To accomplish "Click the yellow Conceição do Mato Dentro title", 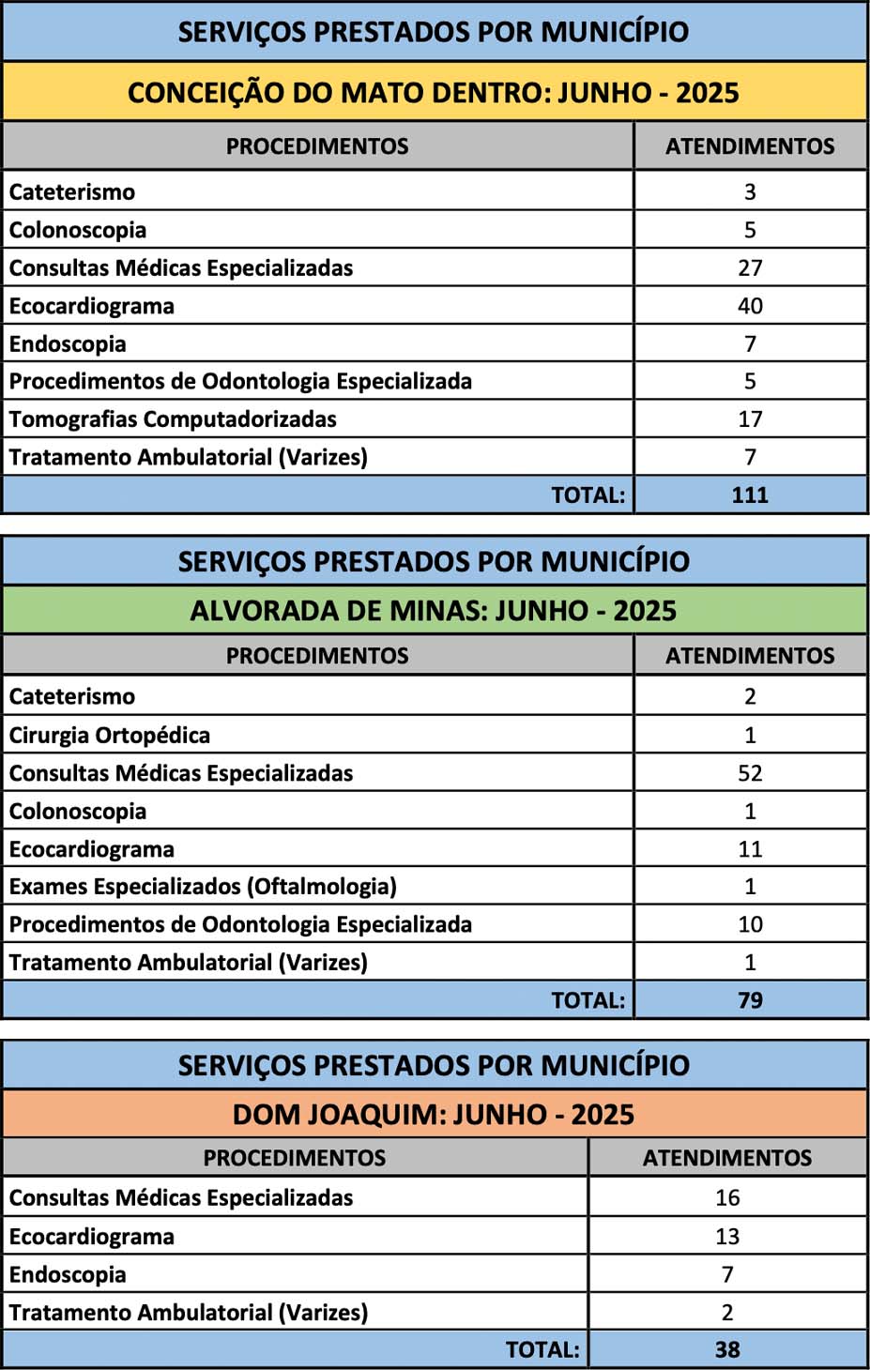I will pyautogui.click(x=434, y=93).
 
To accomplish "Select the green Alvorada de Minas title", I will pyautogui.click(x=434, y=611).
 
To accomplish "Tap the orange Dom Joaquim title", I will pyautogui.click(x=434, y=1115).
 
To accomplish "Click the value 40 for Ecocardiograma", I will pyautogui.click(x=750, y=306).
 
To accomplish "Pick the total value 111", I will pyautogui.click(x=750, y=495).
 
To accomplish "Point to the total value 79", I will pyautogui.click(x=750, y=1000).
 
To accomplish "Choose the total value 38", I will pyautogui.click(x=727, y=1350).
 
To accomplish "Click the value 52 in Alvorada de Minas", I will pyautogui.click(x=750, y=773).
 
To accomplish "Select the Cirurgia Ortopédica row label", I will pyautogui.click(x=110, y=736).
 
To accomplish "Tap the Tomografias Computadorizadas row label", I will pyautogui.click(x=173, y=419).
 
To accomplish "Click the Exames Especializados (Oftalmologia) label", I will pyautogui.click(x=203, y=887).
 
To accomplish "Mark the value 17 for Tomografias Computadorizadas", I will pyautogui.click(x=750, y=419).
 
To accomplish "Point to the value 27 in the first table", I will pyautogui.click(x=750, y=268).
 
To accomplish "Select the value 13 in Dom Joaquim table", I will pyautogui.click(x=727, y=1237).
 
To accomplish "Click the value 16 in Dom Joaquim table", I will pyautogui.click(x=727, y=1198).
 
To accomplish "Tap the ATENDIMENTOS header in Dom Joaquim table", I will pyautogui.click(x=727, y=1158).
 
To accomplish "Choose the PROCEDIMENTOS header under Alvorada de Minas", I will pyautogui.click(x=317, y=656).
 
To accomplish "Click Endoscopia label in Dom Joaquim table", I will pyautogui.click(x=68, y=1275).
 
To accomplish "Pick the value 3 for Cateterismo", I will pyautogui.click(x=750, y=192).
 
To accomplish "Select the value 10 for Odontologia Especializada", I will pyautogui.click(x=750, y=924).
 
